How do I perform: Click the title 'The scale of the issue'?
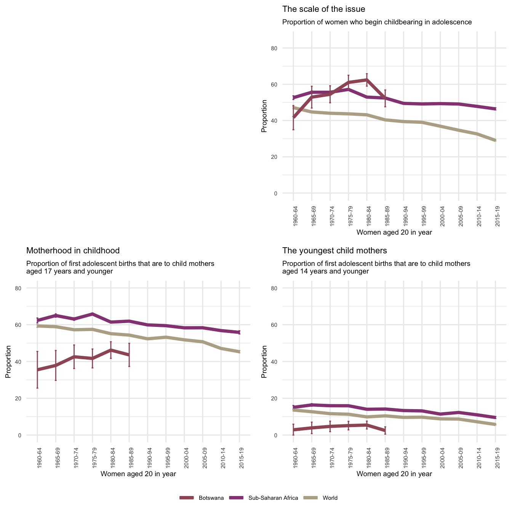coord(323,9)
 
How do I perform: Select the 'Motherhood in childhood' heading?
coord(73,251)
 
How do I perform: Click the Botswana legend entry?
coord(211,498)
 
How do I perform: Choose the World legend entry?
coord(330,498)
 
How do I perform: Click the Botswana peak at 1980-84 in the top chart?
coord(366,80)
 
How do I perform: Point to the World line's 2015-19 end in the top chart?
coord(495,140)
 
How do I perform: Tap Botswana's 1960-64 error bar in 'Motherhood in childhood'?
coord(37,370)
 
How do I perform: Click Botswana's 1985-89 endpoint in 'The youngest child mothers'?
coord(385,430)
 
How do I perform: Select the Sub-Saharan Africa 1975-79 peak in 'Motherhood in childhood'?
coord(93,314)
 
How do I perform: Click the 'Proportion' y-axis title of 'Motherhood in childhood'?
coord(8,362)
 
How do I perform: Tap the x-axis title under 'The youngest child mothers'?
coord(394,474)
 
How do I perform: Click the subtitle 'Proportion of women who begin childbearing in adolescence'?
coord(377,22)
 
